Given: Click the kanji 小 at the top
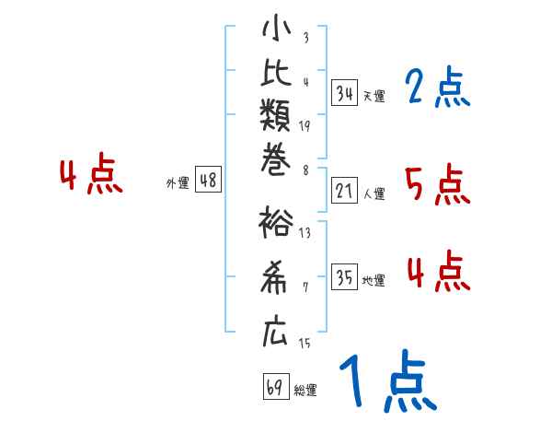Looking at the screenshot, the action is (276, 29).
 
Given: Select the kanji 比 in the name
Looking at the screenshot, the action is (276, 75).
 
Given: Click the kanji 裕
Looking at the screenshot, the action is (276, 222).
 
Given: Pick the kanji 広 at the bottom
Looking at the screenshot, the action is (276, 332).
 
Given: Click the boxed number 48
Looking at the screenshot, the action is (208, 181).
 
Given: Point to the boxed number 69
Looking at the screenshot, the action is (275, 387).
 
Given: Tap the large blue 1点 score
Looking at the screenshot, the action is (386, 382).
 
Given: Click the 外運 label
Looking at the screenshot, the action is (178, 183).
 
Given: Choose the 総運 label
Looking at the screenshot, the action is (305, 391).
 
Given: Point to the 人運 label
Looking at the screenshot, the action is (374, 193).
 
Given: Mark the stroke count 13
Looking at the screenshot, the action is (305, 233).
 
